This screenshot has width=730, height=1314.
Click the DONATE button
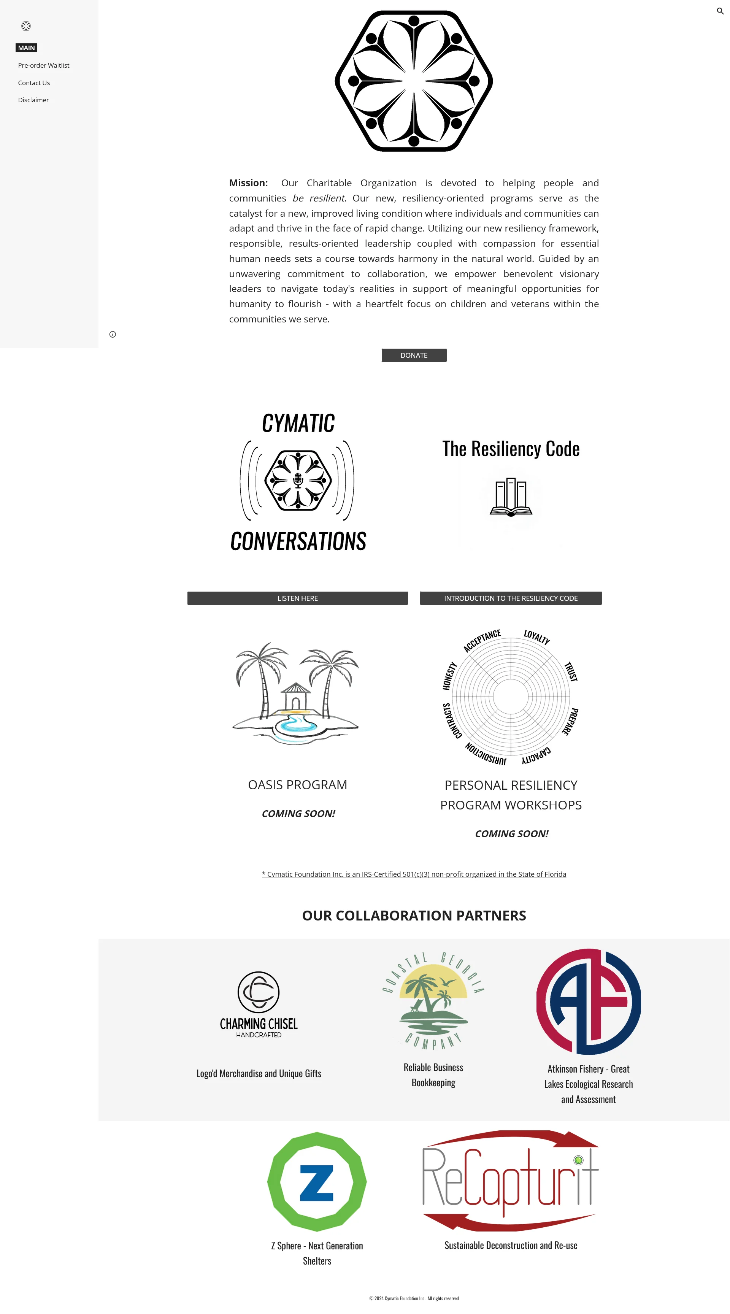pos(414,355)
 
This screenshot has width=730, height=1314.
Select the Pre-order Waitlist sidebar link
pos(43,65)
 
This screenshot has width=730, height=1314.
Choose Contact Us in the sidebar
pos(34,83)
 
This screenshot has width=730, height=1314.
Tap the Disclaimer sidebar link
pos(33,100)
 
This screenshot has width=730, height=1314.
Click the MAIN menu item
pos(27,48)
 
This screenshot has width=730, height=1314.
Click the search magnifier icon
pos(720,11)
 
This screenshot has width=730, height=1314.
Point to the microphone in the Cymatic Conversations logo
pos(298,480)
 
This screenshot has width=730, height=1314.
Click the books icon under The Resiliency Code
pos(511,497)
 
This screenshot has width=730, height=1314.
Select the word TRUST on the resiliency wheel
pos(571,671)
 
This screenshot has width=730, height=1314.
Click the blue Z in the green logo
pos(317,1182)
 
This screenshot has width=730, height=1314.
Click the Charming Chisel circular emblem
pos(259,992)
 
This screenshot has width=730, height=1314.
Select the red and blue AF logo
pos(588,1001)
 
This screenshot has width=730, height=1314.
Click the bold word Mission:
pos(248,182)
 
